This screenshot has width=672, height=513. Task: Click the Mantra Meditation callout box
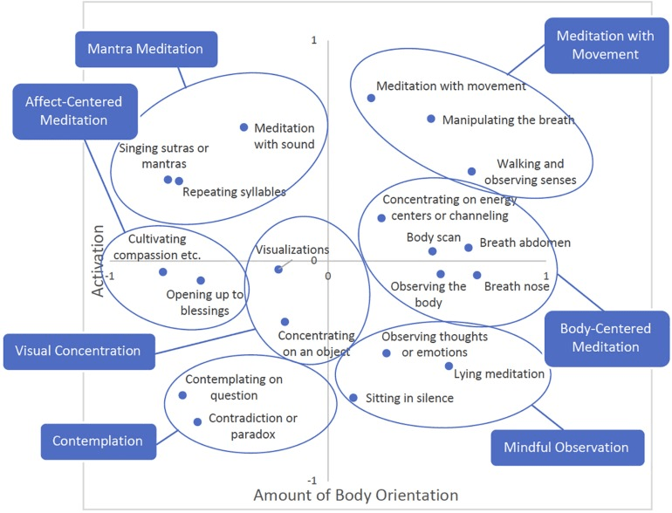(x=146, y=50)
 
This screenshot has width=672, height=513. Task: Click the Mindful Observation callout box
(x=566, y=448)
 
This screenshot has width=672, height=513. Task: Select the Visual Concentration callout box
(x=78, y=351)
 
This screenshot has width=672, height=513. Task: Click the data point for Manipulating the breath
(x=431, y=119)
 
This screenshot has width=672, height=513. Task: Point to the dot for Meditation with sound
(x=244, y=127)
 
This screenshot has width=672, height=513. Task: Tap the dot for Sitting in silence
(x=353, y=398)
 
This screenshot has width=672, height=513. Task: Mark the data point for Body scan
(x=432, y=251)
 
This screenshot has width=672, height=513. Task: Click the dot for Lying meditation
(x=449, y=366)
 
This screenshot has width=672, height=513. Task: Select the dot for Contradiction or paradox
(x=198, y=421)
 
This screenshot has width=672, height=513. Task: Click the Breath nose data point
(x=477, y=275)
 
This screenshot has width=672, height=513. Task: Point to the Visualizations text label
(x=292, y=250)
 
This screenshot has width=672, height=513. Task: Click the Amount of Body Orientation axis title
(x=355, y=495)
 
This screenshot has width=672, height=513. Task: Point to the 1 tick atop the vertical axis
(x=312, y=40)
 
